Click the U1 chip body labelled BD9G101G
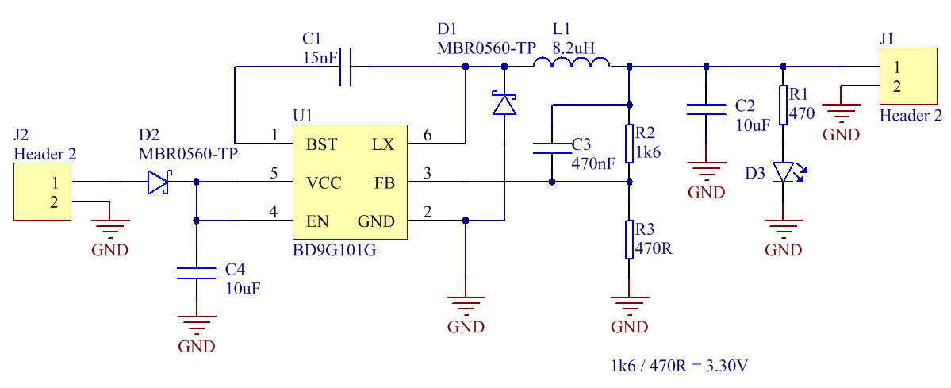tap(350, 182)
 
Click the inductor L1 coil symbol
tap(571, 62)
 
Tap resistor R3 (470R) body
tap(629, 240)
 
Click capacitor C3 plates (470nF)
tap(551, 148)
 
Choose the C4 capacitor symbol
tap(196, 273)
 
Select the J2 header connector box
tap(43, 192)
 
